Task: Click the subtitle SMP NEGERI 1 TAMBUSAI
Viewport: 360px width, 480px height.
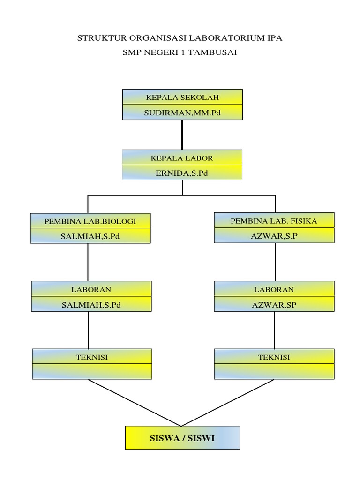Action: click(180, 53)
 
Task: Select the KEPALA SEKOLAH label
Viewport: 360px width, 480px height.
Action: click(182, 97)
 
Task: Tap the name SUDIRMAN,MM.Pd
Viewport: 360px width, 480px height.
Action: click(182, 112)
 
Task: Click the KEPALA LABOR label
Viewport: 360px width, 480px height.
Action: click(182, 158)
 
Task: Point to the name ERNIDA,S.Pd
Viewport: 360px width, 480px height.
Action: click(182, 173)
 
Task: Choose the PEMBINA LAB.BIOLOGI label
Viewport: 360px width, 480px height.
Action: click(90, 221)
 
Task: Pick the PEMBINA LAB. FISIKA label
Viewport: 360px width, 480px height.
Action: click(274, 220)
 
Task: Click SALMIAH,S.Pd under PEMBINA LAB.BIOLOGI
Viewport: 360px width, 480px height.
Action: click(90, 236)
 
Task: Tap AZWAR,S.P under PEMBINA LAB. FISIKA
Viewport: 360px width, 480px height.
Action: click(274, 235)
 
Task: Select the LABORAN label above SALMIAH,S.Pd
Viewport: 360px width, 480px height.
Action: click(91, 289)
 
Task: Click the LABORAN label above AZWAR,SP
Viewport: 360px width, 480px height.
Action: click(274, 289)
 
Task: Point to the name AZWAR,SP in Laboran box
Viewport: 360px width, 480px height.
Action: click(274, 304)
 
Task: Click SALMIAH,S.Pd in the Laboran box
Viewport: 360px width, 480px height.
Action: click(91, 304)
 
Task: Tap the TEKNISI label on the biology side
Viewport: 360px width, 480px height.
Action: click(92, 357)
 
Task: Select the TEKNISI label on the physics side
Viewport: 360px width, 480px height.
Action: click(274, 357)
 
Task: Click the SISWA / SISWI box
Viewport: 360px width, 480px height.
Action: click(182, 438)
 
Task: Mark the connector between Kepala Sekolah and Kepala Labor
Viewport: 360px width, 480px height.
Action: click(182, 135)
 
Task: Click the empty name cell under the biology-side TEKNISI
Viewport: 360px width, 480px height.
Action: click(92, 371)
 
